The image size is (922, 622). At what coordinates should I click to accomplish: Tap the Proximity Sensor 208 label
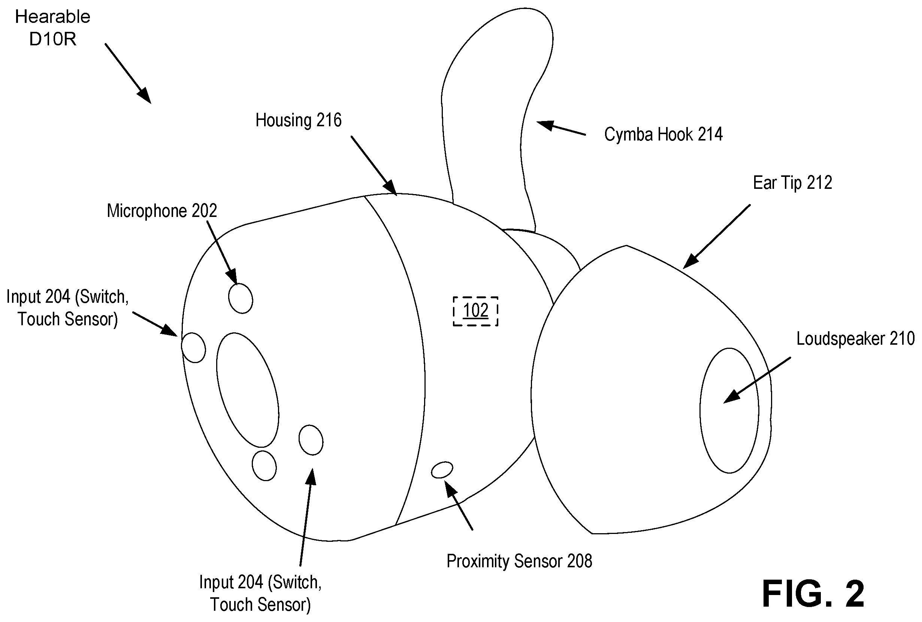pyautogui.click(x=519, y=561)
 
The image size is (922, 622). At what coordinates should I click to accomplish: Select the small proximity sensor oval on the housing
pyautogui.click(x=442, y=470)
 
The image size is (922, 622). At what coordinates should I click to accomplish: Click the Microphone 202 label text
pyautogui.click(x=162, y=211)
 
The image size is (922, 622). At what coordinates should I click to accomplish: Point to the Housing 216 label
pyautogui.click(x=298, y=120)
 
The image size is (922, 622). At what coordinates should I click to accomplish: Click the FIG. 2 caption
pyautogui.click(x=813, y=594)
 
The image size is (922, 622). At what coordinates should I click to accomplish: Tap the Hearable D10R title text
pyautogui.click(x=53, y=28)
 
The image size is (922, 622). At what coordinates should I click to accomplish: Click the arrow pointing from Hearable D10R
pyautogui.click(x=128, y=73)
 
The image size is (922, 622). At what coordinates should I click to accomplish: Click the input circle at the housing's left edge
pyautogui.click(x=194, y=347)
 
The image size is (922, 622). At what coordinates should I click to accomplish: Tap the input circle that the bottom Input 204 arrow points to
pyautogui.click(x=311, y=440)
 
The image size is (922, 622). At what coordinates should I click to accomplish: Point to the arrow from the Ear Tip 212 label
pyautogui.click(x=716, y=237)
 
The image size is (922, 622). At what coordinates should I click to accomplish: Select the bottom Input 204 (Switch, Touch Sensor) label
pyautogui.click(x=260, y=594)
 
